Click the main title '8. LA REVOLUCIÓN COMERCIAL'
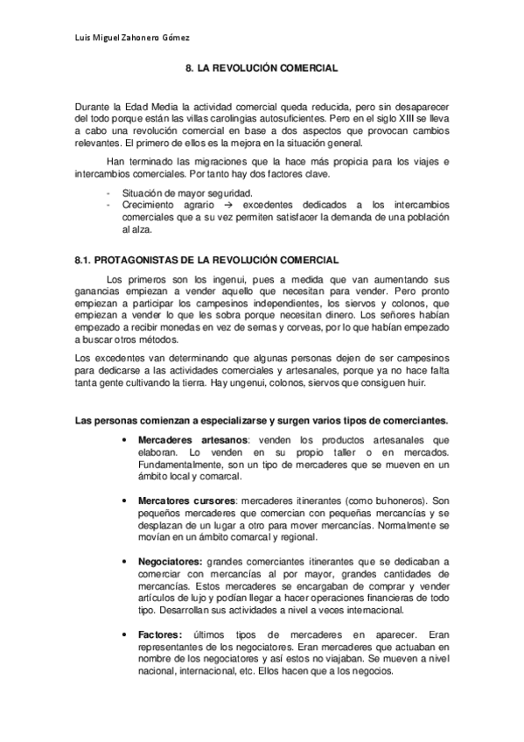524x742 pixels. (262, 66)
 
